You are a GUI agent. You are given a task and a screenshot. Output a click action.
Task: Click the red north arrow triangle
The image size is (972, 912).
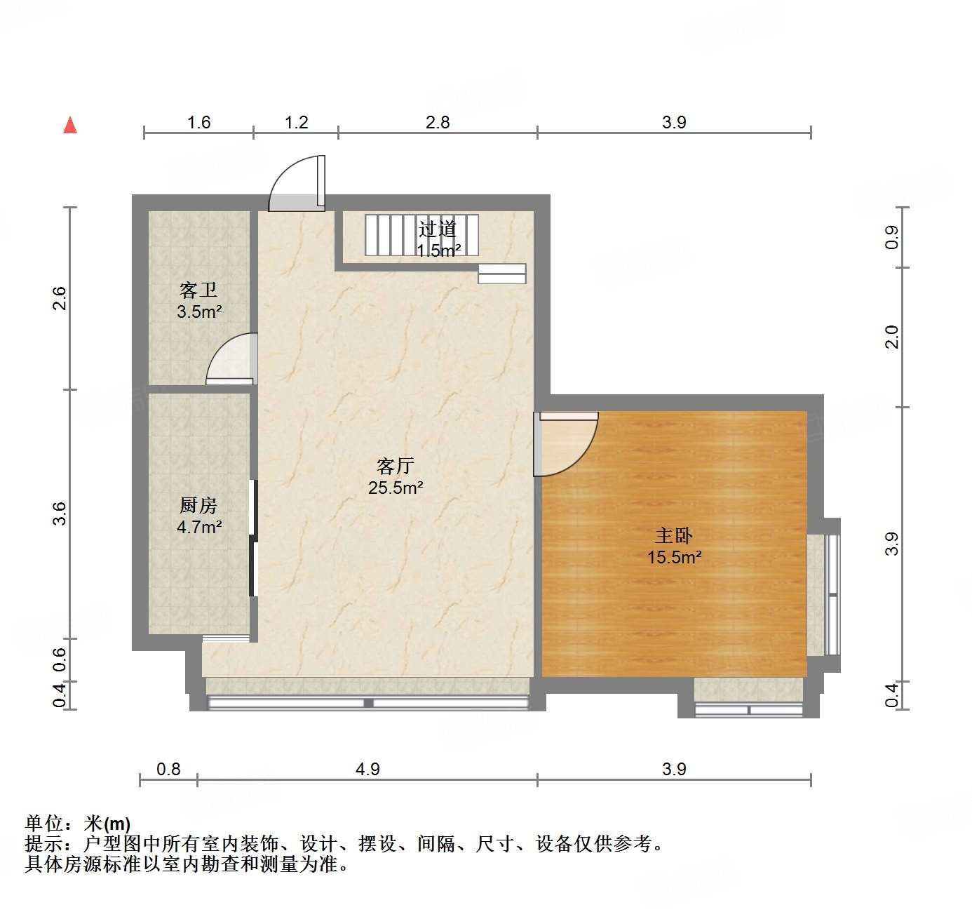pyautogui.click(x=70, y=126)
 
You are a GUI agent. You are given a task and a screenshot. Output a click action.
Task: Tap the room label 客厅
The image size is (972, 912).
pyautogui.click(x=396, y=466)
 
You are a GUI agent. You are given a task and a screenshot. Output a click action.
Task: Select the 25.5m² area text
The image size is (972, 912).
pyautogui.click(x=396, y=488)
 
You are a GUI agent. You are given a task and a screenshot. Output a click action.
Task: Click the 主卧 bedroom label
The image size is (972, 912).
pyautogui.click(x=674, y=536)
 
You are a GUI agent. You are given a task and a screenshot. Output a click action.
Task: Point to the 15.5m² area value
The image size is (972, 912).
pyautogui.click(x=674, y=558)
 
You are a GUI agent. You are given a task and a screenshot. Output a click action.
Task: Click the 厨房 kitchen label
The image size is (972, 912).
pyautogui.click(x=198, y=505)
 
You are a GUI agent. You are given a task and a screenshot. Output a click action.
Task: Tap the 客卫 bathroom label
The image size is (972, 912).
pyautogui.click(x=198, y=290)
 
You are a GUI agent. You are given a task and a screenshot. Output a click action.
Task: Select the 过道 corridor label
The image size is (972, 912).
pyautogui.click(x=438, y=229)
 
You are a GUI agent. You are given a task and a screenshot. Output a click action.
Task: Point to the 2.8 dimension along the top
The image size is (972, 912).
pyautogui.click(x=438, y=123)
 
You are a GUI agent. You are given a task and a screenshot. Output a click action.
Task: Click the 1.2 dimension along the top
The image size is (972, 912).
pyautogui.click(x=296, y=123)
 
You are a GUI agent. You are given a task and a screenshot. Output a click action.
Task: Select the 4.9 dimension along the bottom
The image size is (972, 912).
pyautogui.click(x=367, y=770)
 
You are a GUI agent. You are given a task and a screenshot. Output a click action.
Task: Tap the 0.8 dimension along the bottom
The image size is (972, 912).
pyautogui.click(x=168, y=770)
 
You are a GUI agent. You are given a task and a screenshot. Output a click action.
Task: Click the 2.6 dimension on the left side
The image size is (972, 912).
pyautogui.click(x=60, y=298)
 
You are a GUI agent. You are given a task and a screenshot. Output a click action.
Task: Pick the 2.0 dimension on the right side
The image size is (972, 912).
pyautogui.click(x=891, y=337)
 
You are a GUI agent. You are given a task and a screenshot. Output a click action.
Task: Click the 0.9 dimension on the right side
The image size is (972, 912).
pyautogui.click(x=891, y=237)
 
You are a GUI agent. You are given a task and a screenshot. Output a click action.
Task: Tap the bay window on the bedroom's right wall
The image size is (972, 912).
pyautogui.click(x=824, y=595)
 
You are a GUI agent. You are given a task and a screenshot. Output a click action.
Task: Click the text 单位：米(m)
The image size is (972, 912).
pyautogui.click(x=78, y=824)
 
